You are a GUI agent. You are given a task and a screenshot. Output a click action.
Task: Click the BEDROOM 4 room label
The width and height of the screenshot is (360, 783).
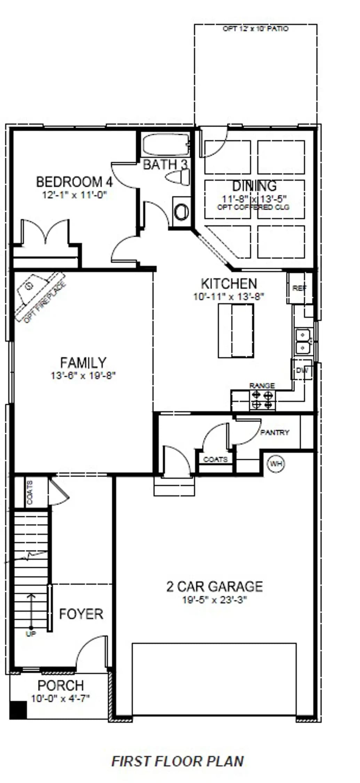pyautogui.click(x=74, y=182)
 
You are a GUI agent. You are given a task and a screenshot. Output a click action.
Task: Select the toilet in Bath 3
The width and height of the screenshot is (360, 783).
pyautogui.click(x=178, y=177)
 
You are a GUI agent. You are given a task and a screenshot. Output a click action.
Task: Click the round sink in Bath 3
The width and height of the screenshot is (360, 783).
pyautogui.click(x=181, y=212)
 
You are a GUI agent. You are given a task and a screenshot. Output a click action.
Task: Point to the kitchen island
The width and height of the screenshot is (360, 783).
pyautogui.click(x=236, y=331)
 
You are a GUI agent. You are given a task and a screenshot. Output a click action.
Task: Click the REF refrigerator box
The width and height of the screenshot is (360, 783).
pyautogui.click(x=299, y=288)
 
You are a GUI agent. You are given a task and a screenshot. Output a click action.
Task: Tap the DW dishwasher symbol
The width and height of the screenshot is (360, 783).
pyautogui.click(x=302, y=370)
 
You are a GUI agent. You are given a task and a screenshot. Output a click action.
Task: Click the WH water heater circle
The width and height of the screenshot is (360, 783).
pyautogui.click(x=276, y=464)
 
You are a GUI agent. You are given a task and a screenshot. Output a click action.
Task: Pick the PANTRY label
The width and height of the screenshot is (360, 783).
pyautogui.click(x=275, y=433)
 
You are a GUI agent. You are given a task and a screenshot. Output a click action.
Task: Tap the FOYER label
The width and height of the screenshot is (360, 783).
pyautogui.click(x=81, y=614)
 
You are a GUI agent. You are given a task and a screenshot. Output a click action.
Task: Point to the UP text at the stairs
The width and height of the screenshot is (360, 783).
pyautogui.click(x=31, y=634)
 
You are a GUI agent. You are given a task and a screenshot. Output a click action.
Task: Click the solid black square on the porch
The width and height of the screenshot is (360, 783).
pyautogui.click(x=18, y=710)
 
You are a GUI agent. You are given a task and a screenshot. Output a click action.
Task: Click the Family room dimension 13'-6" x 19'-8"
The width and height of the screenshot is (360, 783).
pyautogui.click(x=83, y=376)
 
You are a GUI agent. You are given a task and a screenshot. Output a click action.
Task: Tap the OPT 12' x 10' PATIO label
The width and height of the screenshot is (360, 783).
pyautogui.click(x=255, y=29)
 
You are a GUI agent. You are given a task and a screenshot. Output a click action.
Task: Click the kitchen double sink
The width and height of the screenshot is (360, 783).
pyautogui.click(x=303, y=341)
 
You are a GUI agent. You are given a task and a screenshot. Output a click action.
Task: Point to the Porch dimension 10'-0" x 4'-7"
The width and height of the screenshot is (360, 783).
pyautogui.click(x=61, y=698)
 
